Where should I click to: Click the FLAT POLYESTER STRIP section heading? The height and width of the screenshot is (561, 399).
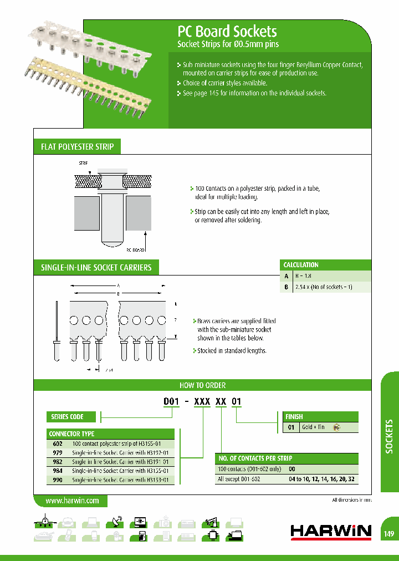tap(78, 147)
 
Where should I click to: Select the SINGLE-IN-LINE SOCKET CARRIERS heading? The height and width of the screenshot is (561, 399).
tap(96, 268)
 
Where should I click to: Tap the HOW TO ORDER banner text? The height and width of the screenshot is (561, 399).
tap(202, 385)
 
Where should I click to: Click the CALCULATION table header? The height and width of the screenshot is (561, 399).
tap(301, 265)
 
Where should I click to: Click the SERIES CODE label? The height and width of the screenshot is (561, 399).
tap(68, 417)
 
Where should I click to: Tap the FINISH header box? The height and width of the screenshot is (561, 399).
tap(294, 416)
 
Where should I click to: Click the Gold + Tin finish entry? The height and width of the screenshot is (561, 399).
tap(313, 427)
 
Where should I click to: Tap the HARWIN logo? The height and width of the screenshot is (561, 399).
tap(331, 532)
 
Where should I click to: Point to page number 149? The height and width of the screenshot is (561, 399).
tap(388, 534)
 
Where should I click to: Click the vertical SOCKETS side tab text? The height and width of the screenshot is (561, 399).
tap(389, 437)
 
